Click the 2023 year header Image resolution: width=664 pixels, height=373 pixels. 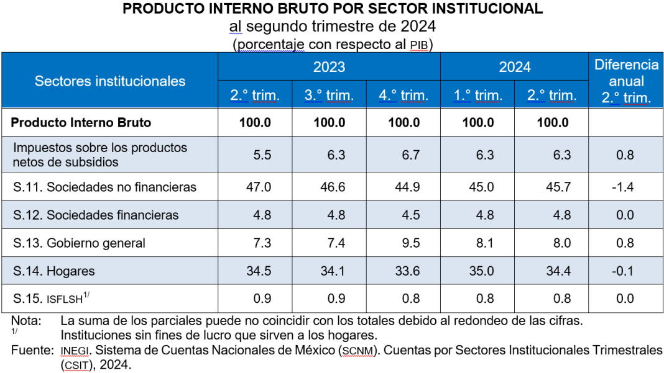click(329, 67)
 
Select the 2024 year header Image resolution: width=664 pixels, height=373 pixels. click(514, 67)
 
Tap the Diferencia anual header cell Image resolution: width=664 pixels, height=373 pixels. click(626, 81)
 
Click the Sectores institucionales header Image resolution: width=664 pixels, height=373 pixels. click(110, 81)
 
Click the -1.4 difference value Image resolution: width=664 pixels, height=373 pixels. click(625, 187)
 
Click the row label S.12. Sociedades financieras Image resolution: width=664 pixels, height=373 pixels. click(96, 215)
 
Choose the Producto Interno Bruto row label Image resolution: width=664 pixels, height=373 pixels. click(81, 123)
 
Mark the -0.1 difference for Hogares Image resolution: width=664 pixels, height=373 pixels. click(625, 271)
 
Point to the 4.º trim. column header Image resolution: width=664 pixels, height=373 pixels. click(403, 96)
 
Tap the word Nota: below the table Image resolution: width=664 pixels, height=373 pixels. click(26, 321)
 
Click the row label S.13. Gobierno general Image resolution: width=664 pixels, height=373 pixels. click(80, 243)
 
